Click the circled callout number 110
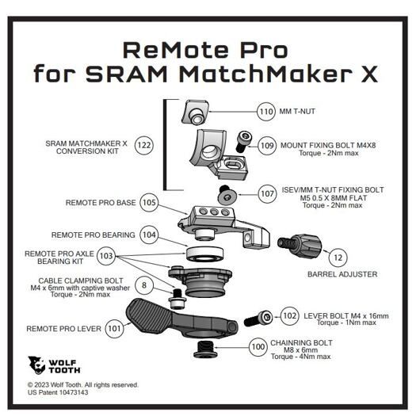pos(266,112)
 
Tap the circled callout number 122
pos(144,145)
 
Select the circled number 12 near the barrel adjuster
pos(338,258)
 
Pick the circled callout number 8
pos(144,285)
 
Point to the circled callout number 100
pos(258,347)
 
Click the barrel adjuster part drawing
pos(300,246)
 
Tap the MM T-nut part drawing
pos(195,112)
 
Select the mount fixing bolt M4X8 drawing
pos(243,141)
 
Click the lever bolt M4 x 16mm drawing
pos(258,319)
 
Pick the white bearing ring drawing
pos(205,254)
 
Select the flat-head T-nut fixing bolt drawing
pos(227,194)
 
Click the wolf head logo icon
pos(36,365)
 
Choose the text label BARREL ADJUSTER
pos(342,274)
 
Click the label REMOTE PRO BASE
pos(101,203)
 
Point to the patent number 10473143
pos(74,392)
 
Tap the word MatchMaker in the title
pos(266,73)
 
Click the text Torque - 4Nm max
pos(300,357)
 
